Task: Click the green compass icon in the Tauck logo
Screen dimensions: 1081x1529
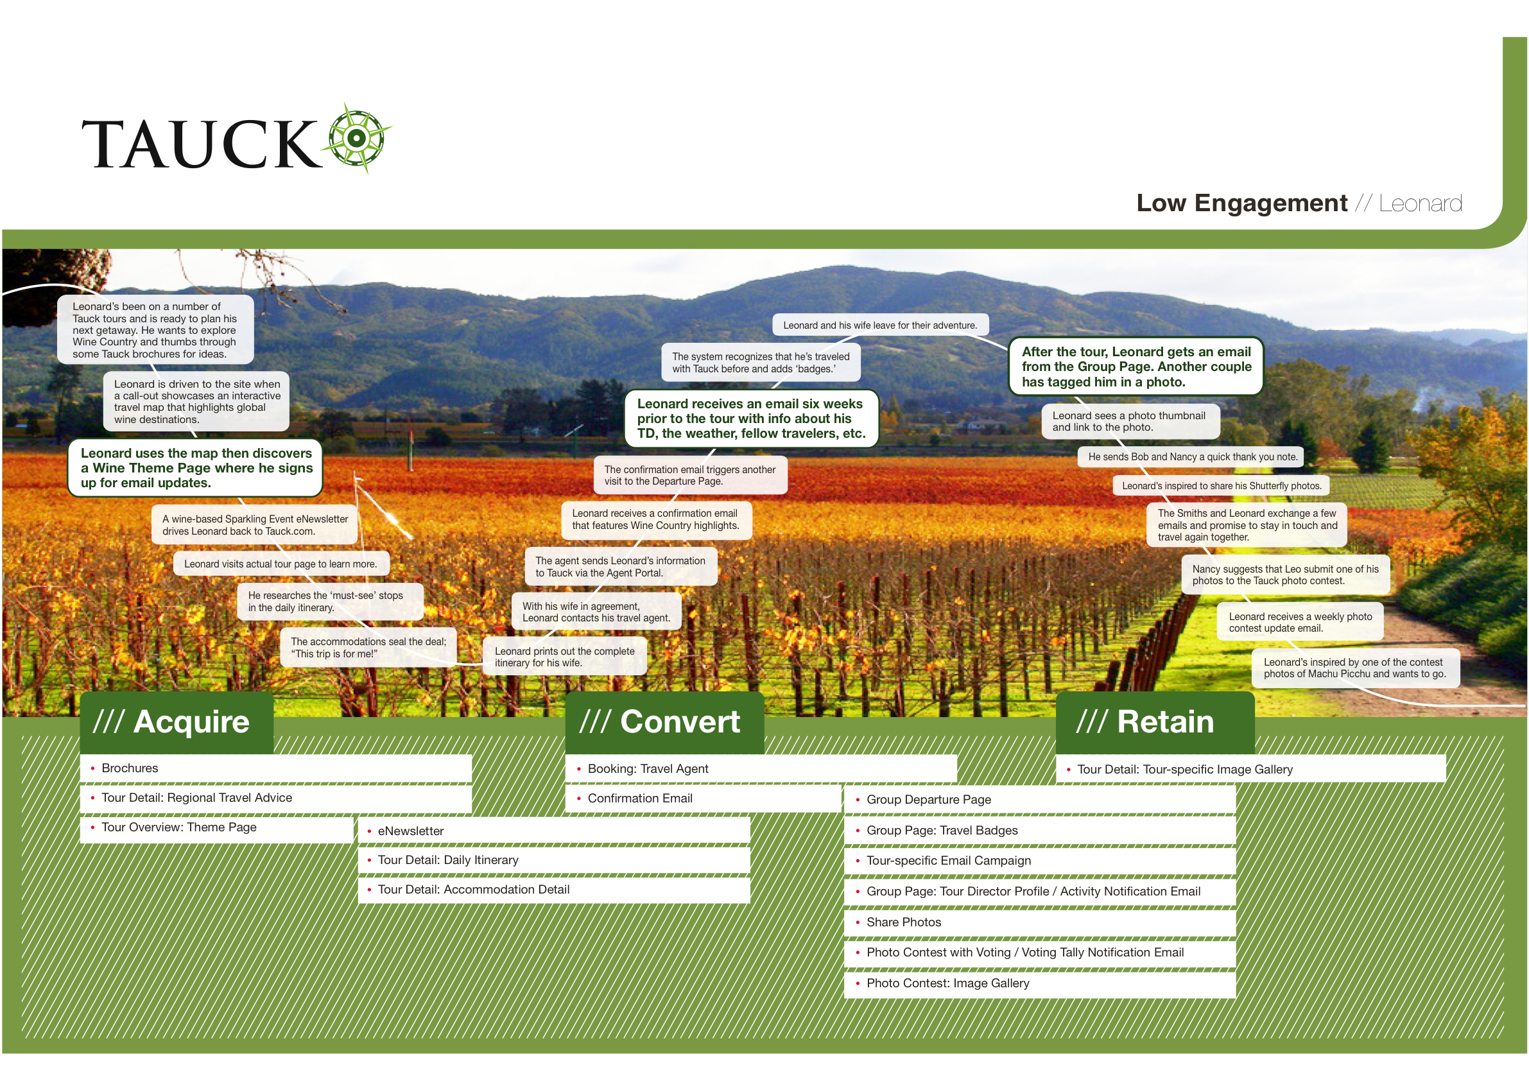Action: pos(357,139)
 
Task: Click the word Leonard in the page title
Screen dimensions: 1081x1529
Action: pos(1420,203)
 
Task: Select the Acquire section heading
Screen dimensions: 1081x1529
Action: pos(177,722)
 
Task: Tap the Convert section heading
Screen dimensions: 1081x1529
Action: pos(664,722)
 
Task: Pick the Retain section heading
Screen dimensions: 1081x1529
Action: pos(1155,722)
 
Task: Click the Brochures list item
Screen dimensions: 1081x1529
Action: pos(130,768)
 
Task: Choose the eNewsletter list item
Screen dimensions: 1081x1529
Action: pos(410,831)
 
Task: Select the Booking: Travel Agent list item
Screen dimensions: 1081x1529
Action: pos(647,768)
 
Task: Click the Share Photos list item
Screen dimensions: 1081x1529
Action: pos(903,922)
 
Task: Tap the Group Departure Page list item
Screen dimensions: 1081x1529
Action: pos(928,799)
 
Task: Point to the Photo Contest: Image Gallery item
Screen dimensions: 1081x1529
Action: pos(947,983)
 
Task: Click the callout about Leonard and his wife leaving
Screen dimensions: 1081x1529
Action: pos(879,325)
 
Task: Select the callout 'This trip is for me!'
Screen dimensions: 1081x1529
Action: pos(368,648)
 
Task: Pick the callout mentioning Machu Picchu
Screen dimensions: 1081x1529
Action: pos(1354,668)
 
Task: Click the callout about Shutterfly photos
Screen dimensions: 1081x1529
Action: pos(1222,485)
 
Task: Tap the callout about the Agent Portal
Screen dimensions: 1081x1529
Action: pos(620,567)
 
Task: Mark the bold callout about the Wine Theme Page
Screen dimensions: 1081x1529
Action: pos(196,467)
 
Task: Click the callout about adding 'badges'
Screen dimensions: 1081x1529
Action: pos(761,362)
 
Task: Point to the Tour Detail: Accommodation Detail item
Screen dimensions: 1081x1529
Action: pos(473,889)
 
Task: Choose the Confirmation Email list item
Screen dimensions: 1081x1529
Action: pos(639,798)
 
